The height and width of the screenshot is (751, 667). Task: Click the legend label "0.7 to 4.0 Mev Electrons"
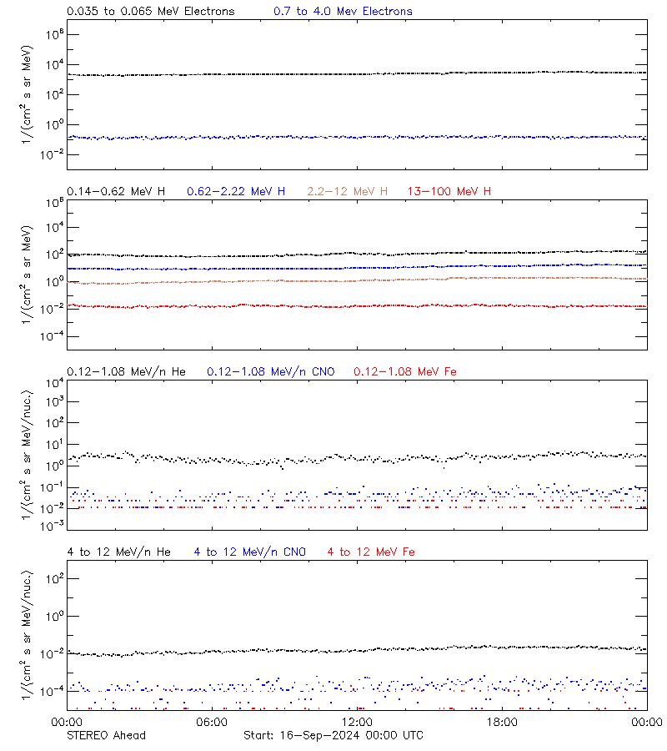(343, 12)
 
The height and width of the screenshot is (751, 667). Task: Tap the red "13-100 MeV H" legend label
(449, 192)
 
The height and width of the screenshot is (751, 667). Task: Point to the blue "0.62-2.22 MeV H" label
(236, 192)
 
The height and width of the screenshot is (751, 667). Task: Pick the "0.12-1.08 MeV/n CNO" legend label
(270, 371)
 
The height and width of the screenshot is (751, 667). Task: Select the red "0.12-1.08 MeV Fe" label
(404, 371)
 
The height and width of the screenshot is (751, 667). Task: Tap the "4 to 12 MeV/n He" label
(118, 552)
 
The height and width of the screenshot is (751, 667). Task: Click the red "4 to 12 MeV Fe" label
(371, 552)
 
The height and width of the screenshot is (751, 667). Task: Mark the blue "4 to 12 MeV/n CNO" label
(249, 552)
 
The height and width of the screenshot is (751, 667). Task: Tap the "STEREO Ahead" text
(106, 735)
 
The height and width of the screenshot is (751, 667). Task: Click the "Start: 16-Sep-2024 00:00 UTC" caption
(333, 735)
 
